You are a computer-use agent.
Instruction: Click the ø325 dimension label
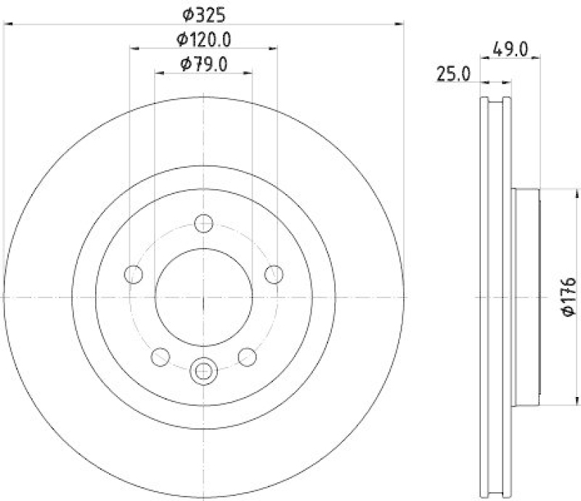(x=204, y=13)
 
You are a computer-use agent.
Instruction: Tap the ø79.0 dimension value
(x=204, y=64)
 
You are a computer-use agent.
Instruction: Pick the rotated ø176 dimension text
(x=568, y=296)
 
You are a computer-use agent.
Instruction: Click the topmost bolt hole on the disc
(x=204, y=223)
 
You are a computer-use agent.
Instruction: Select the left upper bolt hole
(x=134, y=274)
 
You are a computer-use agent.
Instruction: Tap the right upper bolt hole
(x=274, y=274)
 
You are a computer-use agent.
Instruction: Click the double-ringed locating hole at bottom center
(x=204, y=371)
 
